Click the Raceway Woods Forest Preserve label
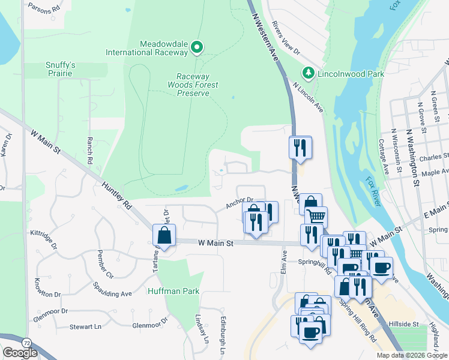point(201,85)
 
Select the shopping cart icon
point(316,216)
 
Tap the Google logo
point(20,353)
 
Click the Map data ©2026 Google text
point(411,355)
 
